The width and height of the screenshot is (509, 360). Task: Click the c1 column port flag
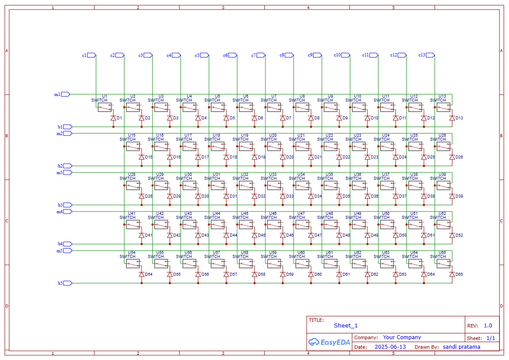click(92, 55)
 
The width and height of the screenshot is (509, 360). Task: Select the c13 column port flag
click(430, 55)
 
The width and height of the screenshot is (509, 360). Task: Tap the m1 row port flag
click(66, 94)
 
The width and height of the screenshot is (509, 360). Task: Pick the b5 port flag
click(68, 283)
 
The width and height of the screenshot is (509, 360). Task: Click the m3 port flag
click(68, 172)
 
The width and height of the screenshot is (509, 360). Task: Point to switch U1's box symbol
click(104, 107)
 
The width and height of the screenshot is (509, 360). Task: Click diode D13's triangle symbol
click(452, 118)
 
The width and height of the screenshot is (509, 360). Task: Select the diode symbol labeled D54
click(142, 274)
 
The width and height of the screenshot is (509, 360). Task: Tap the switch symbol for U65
click(443, 263)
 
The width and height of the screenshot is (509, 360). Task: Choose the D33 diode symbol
click(283, 196)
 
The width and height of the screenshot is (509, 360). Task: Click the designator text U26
click(442, 135)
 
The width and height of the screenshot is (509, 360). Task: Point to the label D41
click(149, 235)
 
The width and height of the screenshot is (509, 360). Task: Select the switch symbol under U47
click(302, 224)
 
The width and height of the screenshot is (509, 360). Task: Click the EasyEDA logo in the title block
click(329, 342)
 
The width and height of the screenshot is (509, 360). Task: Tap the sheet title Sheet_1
click(346, 325)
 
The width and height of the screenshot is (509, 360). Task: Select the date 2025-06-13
click(390, 347)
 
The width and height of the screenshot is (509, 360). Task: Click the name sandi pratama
click(461, 347)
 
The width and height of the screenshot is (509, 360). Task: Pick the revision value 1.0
click(488, 326)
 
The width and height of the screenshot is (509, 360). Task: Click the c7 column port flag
click(261, 55)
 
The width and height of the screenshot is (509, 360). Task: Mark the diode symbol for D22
click(339, 157)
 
